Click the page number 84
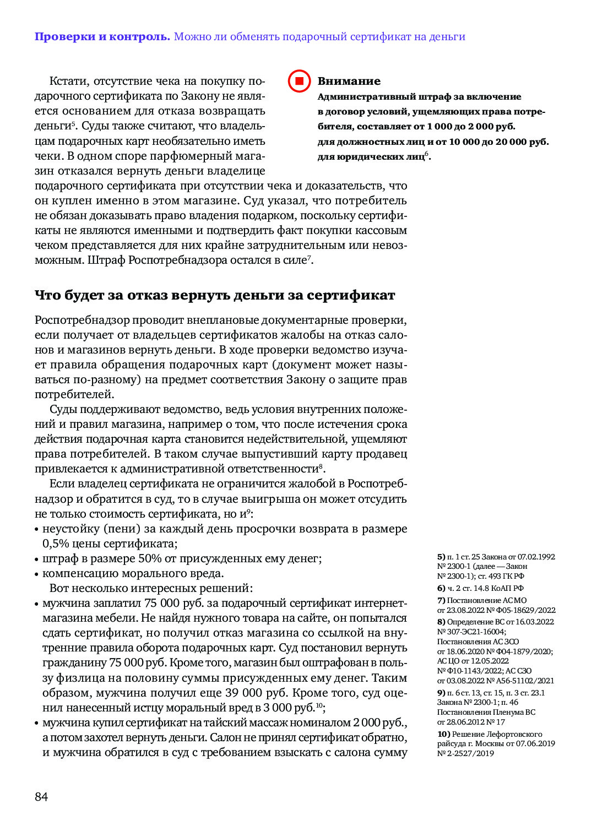click(x=41, y=797)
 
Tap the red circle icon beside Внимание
click(x=300, y=81)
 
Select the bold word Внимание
click(x=349, y=81)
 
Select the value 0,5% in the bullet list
click(x=55, y=544)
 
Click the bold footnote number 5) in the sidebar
click(x=441, y=557)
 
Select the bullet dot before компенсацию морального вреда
click(x=37, y=574)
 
